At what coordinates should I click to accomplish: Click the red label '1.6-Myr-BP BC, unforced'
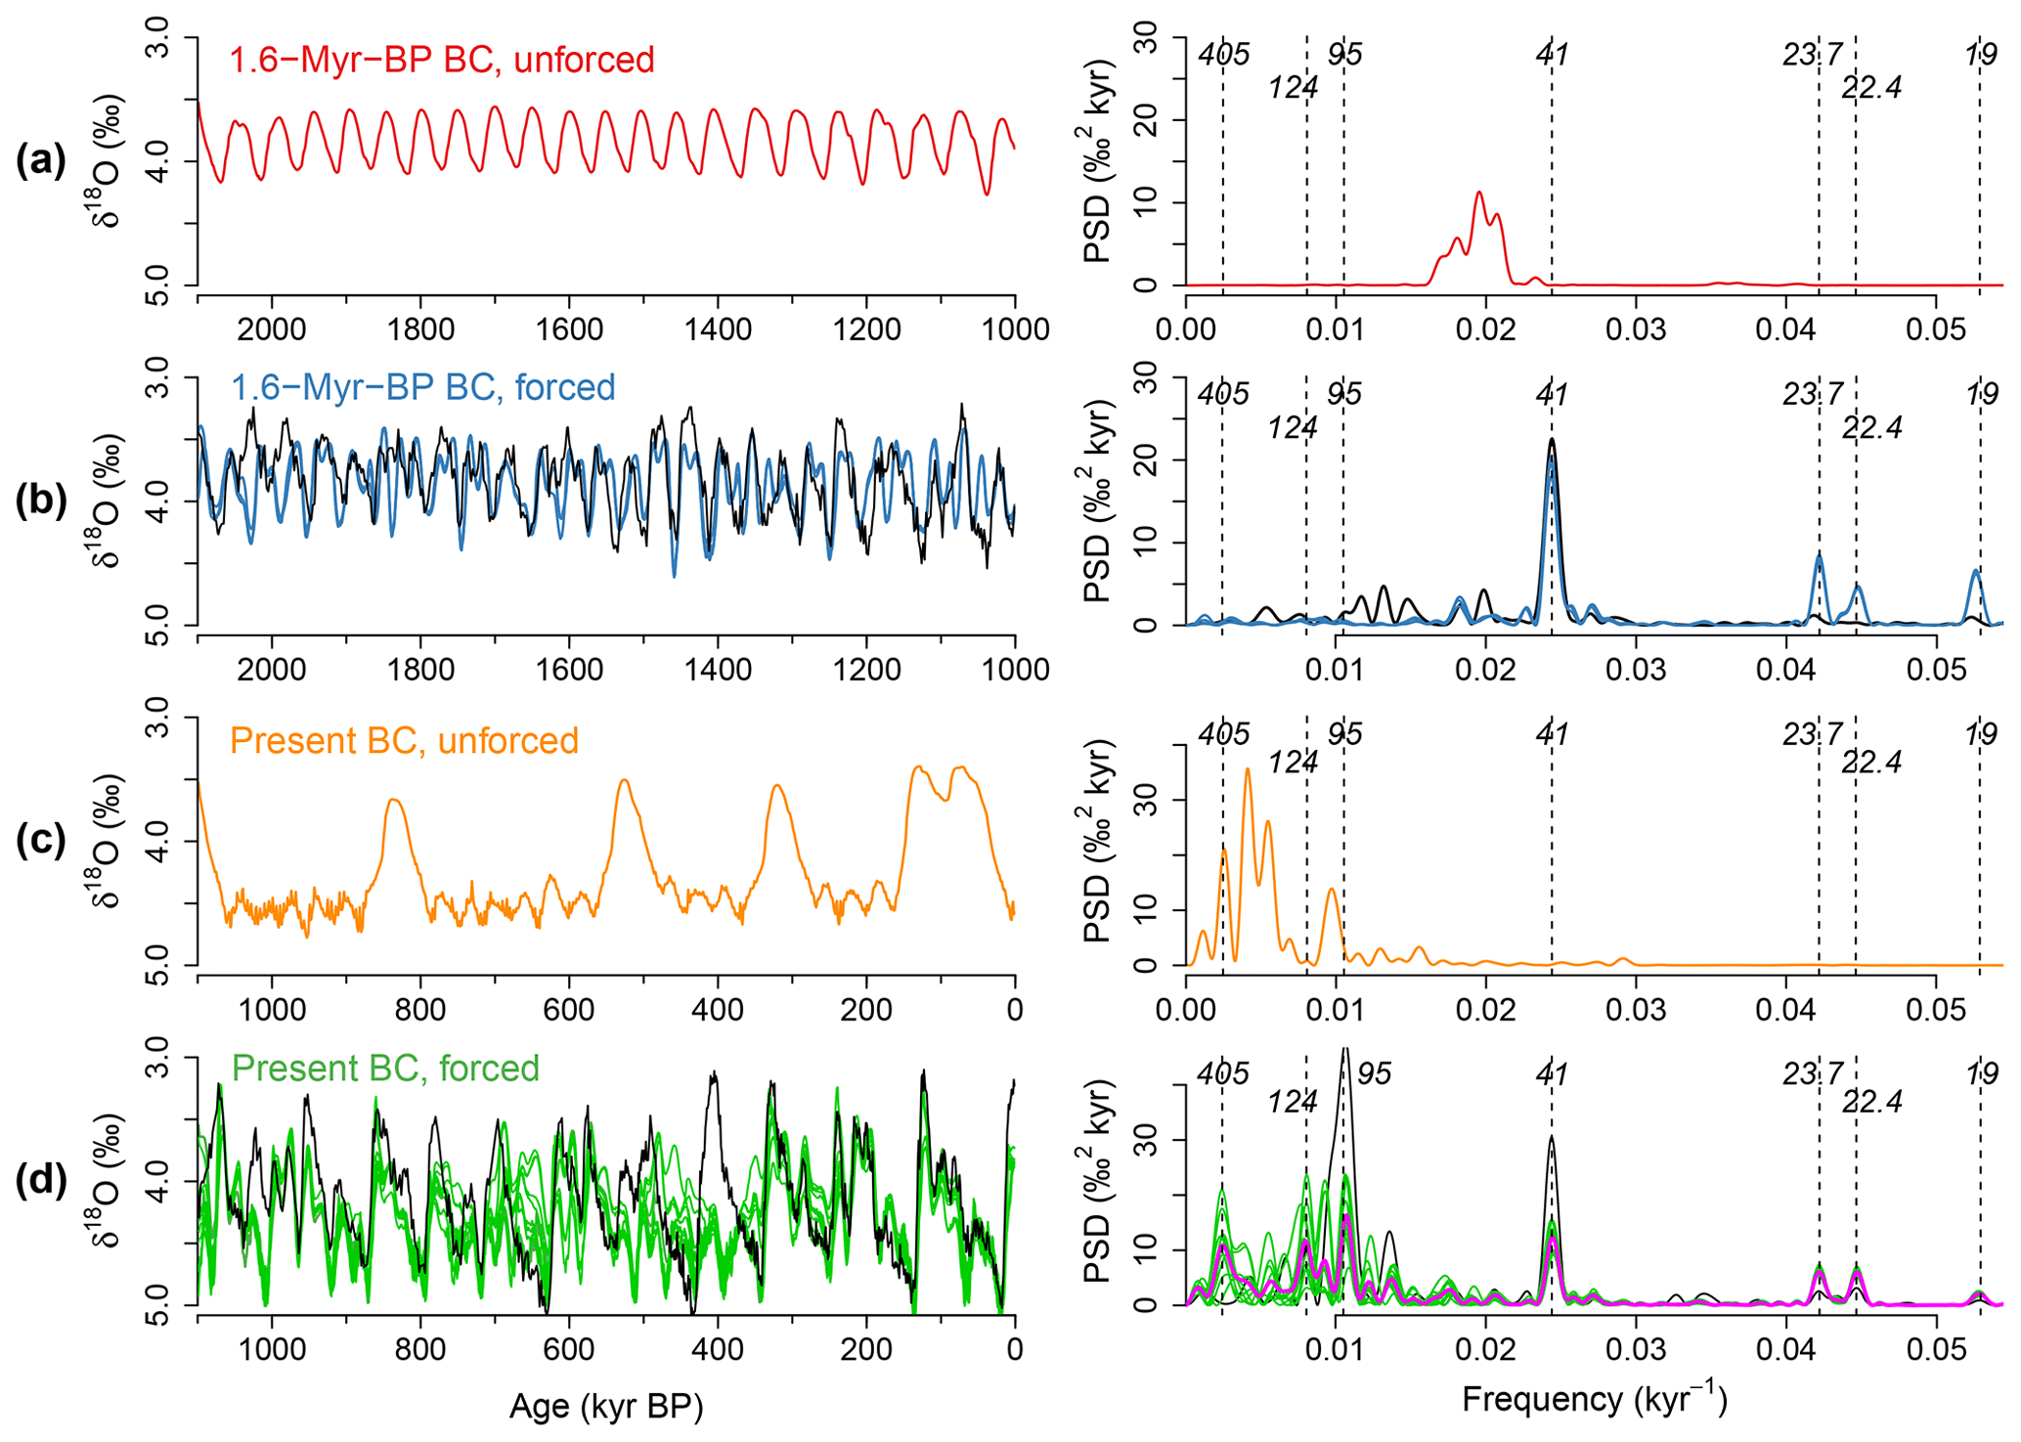point(442,61)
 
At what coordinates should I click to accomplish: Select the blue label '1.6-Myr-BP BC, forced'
point(423,388)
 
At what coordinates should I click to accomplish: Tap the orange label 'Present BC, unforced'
point(404,741)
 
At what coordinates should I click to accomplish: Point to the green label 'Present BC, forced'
point(386,1069)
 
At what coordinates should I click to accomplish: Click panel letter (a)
point(41,160)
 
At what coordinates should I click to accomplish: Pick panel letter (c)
point(41,841)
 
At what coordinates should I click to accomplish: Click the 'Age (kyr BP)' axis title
point(606,1407)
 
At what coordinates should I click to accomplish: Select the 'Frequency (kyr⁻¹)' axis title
point(1595,1400)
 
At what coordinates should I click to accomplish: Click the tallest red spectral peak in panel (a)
point(1479,193)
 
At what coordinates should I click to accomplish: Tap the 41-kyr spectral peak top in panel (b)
point(1552,441)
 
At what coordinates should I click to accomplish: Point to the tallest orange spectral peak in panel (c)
point(1247,769)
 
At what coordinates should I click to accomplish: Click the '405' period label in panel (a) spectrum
point(1224,55)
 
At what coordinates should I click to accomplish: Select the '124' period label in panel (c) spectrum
point(1293,763)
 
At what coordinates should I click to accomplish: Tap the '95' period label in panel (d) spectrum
point(1374,1074)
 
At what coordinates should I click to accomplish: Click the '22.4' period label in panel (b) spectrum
point(1871,428)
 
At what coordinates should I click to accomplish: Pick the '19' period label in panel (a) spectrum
point(1981,55)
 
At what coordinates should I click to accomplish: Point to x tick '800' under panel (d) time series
point(420,1350)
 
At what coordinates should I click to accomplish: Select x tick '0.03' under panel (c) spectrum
point(1636,1010)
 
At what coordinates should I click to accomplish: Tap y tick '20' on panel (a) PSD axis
point(1148,119)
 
